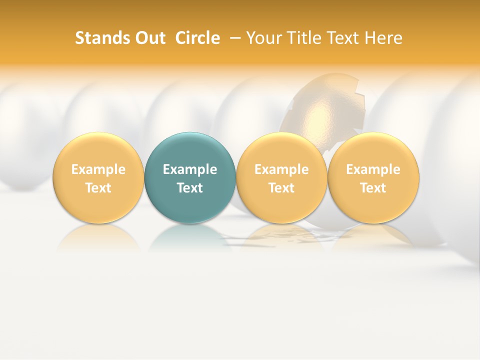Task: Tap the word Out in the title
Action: pos(148,38)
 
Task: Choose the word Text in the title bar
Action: pos(343,38)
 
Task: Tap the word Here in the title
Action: pos(384,38)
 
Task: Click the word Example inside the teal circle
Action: pos(190,169)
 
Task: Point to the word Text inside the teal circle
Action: pos(190,188)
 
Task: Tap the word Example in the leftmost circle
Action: pos(98,169)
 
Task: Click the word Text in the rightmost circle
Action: pos(373,188)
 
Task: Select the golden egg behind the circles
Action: pos(325,110)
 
